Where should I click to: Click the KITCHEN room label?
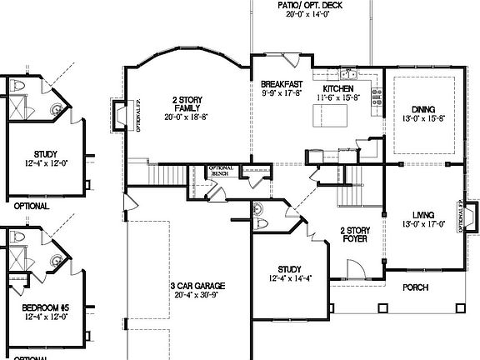pyautogui.click(x=337, y=89)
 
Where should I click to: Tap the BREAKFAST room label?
pyautogui.click(x=281, y=84)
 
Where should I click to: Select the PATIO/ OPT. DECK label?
pyautogui.click(x=310, y=4)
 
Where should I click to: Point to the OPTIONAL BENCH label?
pyautogui.click(x=220, y=172)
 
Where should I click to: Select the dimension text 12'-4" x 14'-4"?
pyautogui.click(x=289, y=279)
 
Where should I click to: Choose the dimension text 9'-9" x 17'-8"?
pyautogui.click(x=281, y=94)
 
